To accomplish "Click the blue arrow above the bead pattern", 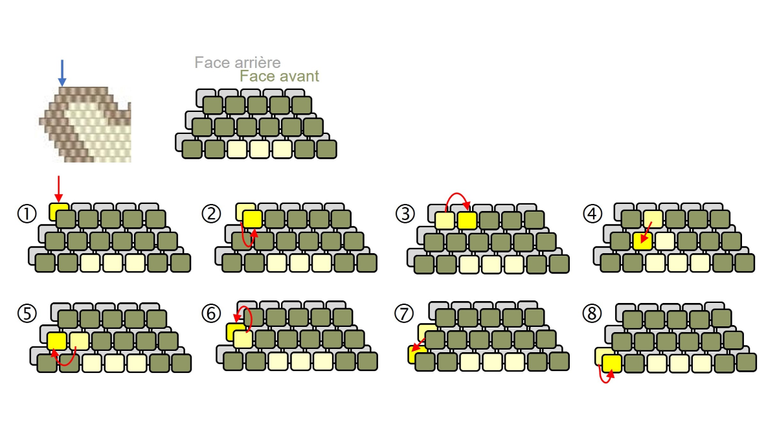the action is click(62, 73).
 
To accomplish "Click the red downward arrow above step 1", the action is click(59, 189).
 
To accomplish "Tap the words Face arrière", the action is click(238, 63).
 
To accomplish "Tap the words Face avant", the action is click(279, 76).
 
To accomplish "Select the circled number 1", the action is click(27, 214).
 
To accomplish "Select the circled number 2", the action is click(211, 214).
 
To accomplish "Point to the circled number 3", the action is click(405, 214).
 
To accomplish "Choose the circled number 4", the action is click(592, 214).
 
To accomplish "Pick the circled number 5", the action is click(27, 313).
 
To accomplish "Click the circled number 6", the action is click(211, 313).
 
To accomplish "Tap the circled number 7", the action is click(404, 313).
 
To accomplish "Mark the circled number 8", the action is click(592, 313).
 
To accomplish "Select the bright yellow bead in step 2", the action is click(253, 219).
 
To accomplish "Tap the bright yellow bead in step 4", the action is click(643, 241).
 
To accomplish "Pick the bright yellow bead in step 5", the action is click(57, 341).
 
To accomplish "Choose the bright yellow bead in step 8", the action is click(612, 363).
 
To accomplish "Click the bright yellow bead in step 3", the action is click(467, 221).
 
